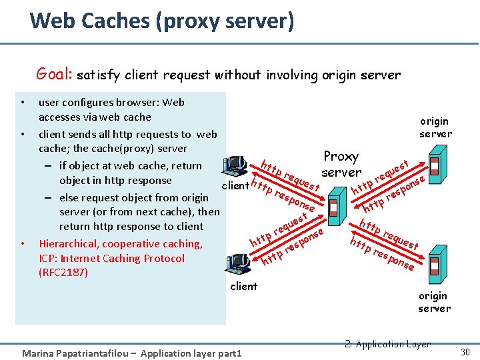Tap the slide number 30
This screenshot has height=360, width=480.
pyautogui.click(x=465, y=351)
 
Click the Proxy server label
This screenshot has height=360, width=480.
pyautogui.click(x=341, y=164)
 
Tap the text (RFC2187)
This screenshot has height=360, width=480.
pyautogui.click(x=63, y=272)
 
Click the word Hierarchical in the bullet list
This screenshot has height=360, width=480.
pyautogui.click(x=73, y=243)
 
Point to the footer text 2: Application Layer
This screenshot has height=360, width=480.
pyautogui.click(x=389, y=344)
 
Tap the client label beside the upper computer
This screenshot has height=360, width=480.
pyautogui.click(x=235, y=185)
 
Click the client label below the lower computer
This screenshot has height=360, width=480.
pyautogui.click(x=243, y=286)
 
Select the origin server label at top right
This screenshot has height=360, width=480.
pyautogui.click(x=435, y=127)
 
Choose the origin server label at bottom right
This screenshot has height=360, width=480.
pyautogui.click(x=434, y=302)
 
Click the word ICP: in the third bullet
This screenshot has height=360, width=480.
pyautogui.click(x=51, y=258)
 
